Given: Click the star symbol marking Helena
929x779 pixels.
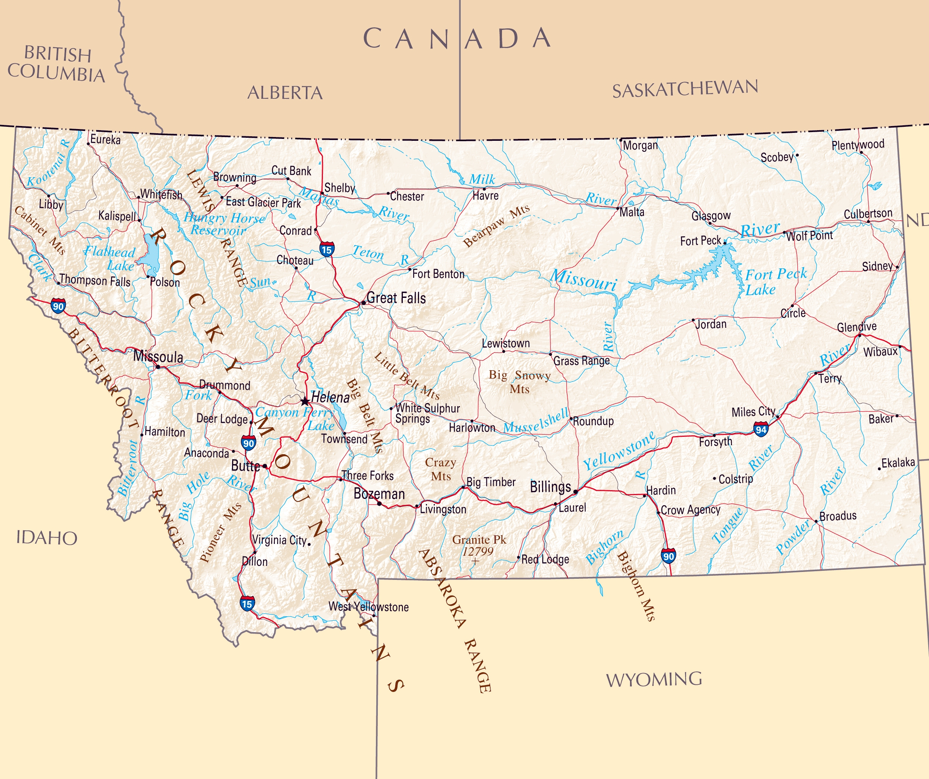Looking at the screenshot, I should point(305,401).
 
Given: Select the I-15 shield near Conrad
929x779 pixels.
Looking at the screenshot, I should point(326,249).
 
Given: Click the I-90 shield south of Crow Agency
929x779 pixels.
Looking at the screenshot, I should point(668,556).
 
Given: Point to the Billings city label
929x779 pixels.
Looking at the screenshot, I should point(550,487).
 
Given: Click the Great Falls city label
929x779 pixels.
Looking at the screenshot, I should point(396,298).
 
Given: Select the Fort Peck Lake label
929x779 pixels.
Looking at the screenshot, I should point(776,282).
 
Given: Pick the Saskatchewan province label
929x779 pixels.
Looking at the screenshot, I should point(685,89).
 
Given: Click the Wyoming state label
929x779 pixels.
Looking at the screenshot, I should point(654,679).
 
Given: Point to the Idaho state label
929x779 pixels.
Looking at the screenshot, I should point(47,538).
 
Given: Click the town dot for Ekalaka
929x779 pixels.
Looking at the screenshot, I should point(879,469).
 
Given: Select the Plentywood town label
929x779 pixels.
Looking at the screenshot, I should point(858,145).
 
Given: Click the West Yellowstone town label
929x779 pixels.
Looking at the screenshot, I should point(368,606).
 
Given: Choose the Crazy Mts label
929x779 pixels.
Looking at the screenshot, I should point(441,469).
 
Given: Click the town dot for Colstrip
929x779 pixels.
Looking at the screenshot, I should point(714,478).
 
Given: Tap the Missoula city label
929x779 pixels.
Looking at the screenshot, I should point(158,357).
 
